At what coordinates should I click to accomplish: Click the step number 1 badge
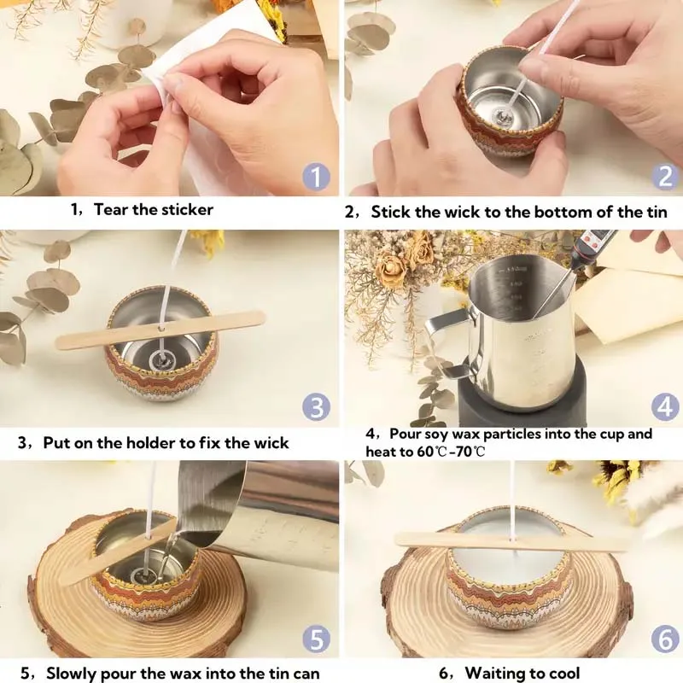point(316,177)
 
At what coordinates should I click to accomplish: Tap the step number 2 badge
point(665,177)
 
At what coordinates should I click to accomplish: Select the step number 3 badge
point(316,406)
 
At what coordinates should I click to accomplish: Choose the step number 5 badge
point(316,638)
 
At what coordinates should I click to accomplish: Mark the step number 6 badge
point(665,638)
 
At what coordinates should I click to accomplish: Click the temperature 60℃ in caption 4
point(423,451)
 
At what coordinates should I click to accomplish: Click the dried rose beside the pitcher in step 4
point(393,271)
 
